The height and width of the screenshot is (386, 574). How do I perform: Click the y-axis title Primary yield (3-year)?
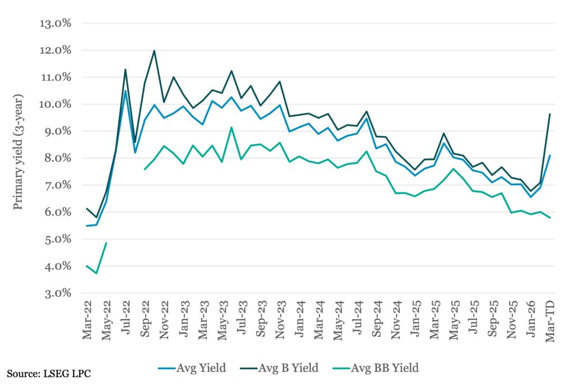coord(18,158)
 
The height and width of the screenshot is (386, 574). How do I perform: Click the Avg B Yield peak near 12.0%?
coord(154,51)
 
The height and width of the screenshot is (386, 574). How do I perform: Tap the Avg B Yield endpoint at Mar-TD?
coord(550,114)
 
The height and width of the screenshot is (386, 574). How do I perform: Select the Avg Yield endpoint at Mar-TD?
coord(550,156)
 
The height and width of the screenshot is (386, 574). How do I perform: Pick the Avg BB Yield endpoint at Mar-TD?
coord(550,218)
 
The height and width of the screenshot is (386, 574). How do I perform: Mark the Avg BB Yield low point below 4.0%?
coord(96,273)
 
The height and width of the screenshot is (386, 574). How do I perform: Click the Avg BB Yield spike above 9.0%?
coord(232,127)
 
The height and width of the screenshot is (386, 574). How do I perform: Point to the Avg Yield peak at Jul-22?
coord(126,91)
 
